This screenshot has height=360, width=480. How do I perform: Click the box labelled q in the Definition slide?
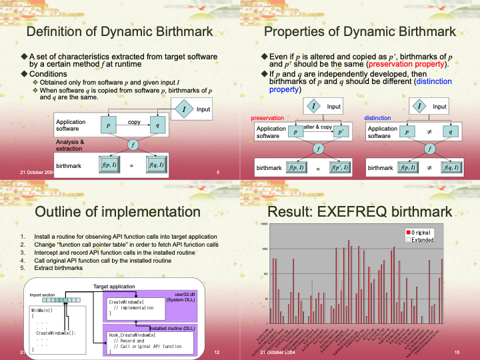157,125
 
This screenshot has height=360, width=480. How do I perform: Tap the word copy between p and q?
134,122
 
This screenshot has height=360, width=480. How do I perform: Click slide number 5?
218,173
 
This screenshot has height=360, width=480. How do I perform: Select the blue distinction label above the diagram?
377,117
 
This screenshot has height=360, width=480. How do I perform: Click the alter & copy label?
317,127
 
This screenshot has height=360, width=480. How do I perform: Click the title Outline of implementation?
117,212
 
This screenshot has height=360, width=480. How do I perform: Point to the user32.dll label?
185,294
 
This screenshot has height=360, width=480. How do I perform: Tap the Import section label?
41,295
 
